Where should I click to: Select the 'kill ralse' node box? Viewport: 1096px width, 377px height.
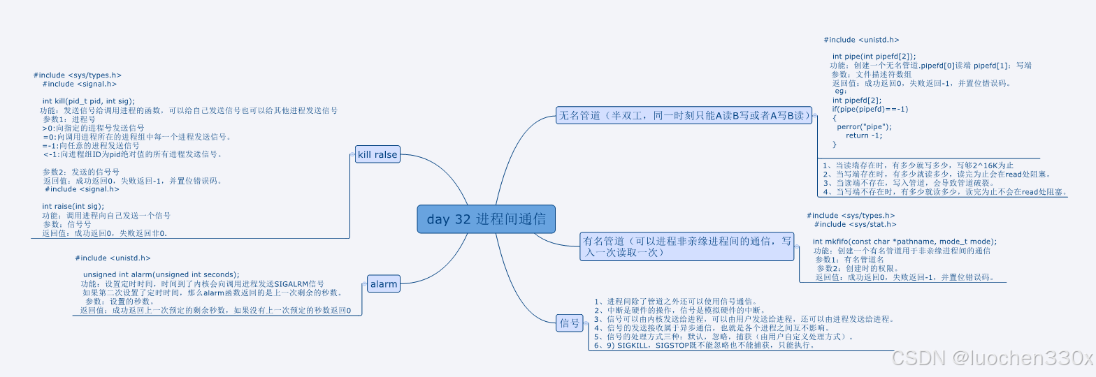point(377,155)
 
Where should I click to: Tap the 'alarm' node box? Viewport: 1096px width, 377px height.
point(384,284)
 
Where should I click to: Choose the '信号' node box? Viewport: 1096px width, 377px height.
point(569,323)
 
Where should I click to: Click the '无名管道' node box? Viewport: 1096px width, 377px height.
point(684,116)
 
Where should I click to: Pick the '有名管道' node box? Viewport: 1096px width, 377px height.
point(687,246)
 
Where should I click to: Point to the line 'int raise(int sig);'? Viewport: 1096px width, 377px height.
point(73,207)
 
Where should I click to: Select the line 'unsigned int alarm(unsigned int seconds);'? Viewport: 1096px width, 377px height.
point(161,274)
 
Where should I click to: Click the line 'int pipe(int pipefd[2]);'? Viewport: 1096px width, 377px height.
point(874,57)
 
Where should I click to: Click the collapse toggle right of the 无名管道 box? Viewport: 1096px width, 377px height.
point(815,116)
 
